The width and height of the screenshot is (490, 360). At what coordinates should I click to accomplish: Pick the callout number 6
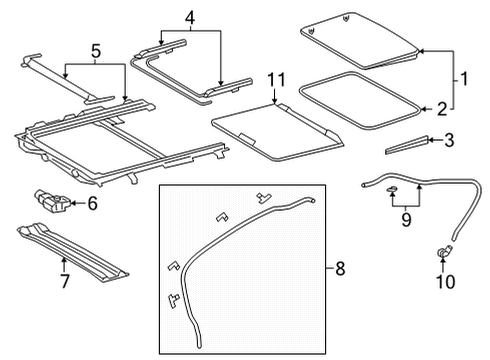pos(92,204)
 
